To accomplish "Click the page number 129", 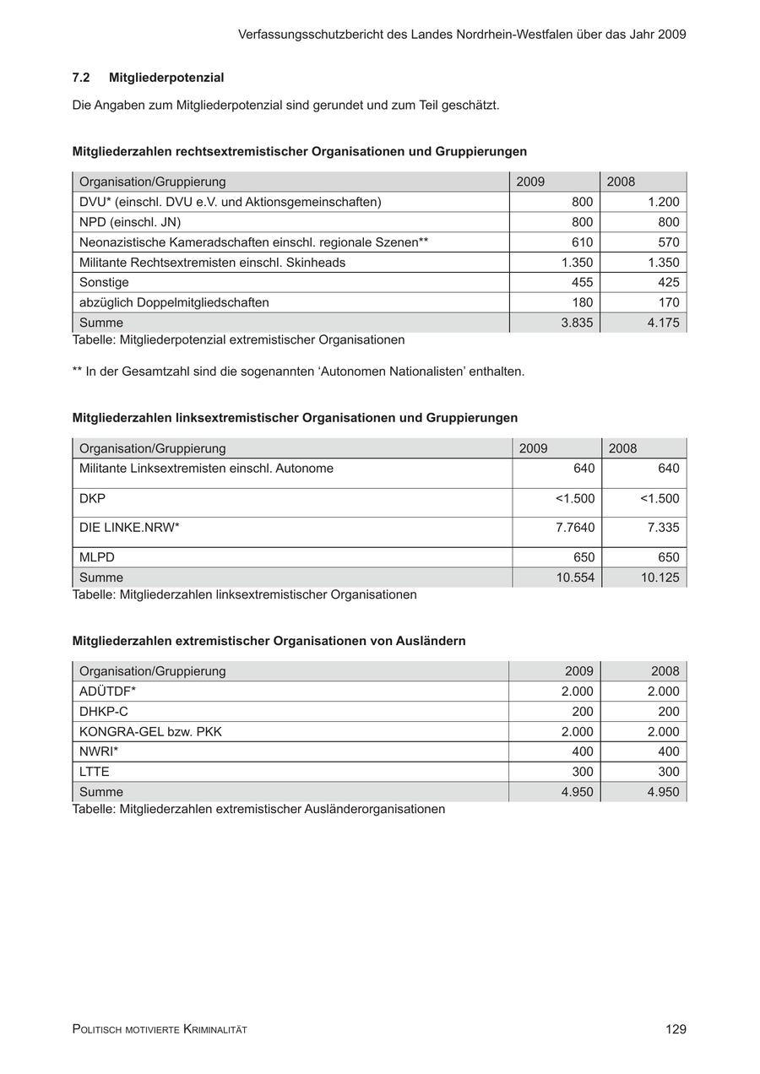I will point(676,1029).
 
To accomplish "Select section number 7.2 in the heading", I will point(81,78).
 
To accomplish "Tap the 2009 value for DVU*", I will point(582,202).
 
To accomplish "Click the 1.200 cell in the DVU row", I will point(663,202).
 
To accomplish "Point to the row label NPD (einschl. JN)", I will point(130,222).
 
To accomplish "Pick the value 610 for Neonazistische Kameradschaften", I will point(582,242).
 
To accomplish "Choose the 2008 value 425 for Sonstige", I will point(668,282).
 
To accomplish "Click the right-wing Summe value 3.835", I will point(577,323).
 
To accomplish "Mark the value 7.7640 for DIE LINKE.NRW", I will point(575,528).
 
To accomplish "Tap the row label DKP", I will point(92,498).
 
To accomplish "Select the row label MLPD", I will point(97,557).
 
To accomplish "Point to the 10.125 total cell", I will point(660,578).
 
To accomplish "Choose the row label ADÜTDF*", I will point(108,692).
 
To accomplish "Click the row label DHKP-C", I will point(104,712).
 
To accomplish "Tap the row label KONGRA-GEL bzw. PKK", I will point(150,732).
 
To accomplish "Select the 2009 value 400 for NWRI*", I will point(582,751).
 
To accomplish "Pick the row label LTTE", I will point(95,772).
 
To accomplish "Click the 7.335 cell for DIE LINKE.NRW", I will point(663,528).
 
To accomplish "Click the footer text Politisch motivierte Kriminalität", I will point(160,1029).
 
